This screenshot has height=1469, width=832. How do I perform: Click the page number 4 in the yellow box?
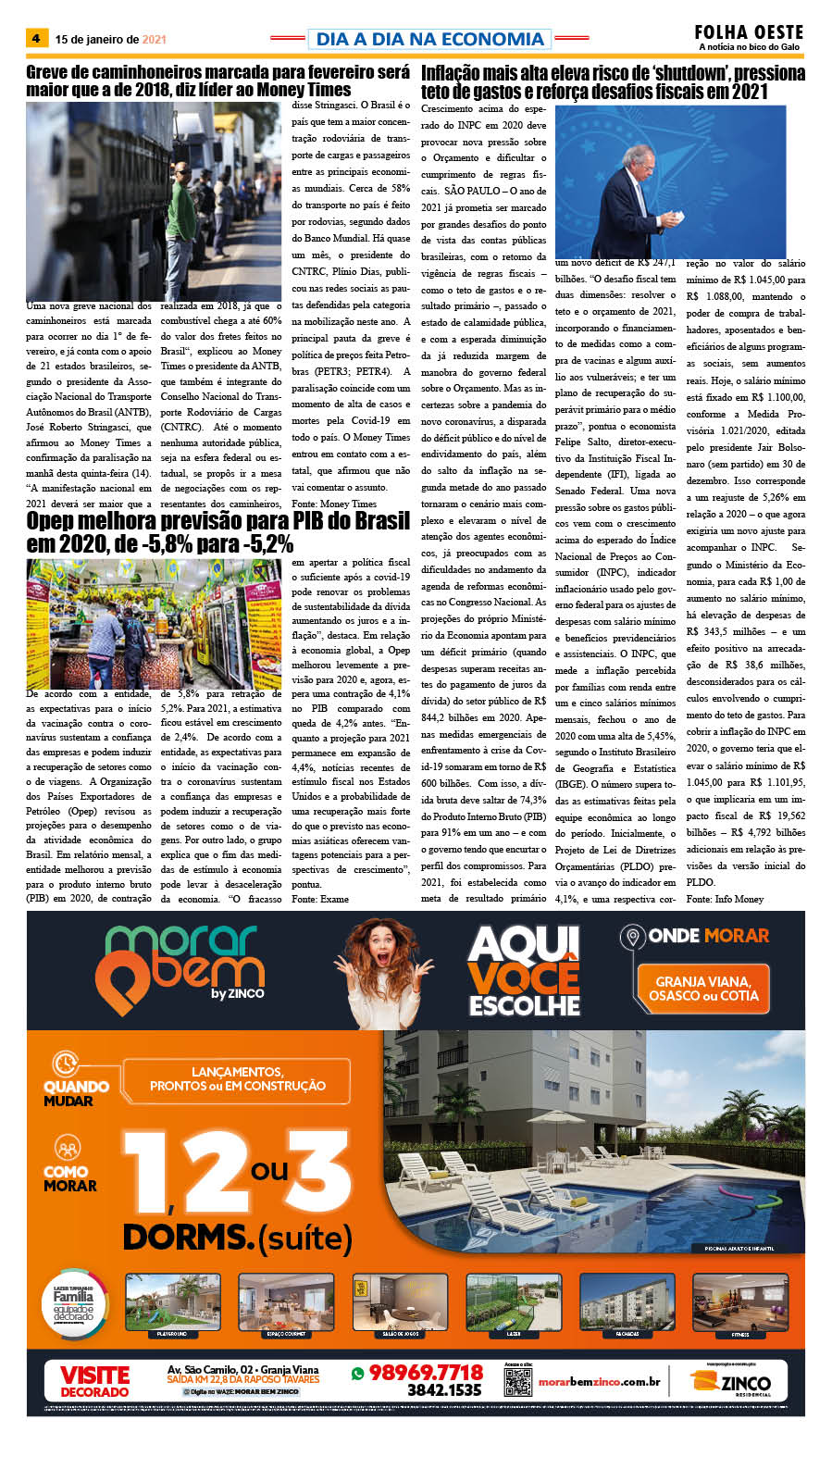pyautogui.click(x=36, y=39)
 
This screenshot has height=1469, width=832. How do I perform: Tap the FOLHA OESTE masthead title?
pyautogui.click(x=749, y=32)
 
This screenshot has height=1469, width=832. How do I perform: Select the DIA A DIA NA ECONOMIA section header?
pyautogui.click(x=429, y=39)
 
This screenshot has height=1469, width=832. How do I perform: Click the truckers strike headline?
pyautogui.click(x=217, y=81)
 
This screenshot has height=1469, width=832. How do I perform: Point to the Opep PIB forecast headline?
pyautogui.click(x=217, y=532)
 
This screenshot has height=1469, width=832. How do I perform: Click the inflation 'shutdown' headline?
pyautogui.click(x=613, y=81)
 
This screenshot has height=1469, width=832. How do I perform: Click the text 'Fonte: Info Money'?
pyautogui.click(x=725, y=899)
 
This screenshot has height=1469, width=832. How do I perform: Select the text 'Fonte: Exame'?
pyautogui.click(x=320, y=899)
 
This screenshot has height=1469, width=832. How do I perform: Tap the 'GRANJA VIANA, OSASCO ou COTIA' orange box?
pyautogui.click(x=702, y=988)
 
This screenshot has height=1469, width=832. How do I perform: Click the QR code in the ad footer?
pyautogui.click(x=517, y=1381)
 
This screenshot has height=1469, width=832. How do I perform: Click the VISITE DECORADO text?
pyautogui.click(x=94, y=1381)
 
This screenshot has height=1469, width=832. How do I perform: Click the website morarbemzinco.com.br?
pyautogui.click(x=599, y=1382)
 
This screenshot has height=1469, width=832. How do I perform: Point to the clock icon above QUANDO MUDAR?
pyautogui.click(x=65, y=1062)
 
